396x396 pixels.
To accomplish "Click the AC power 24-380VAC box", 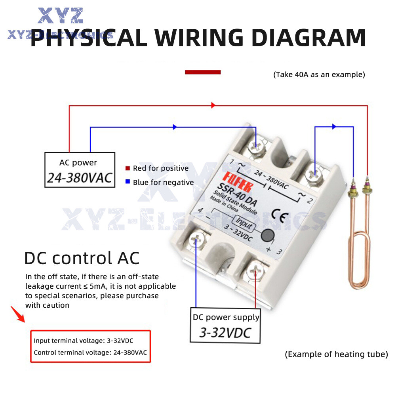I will pos(80,169).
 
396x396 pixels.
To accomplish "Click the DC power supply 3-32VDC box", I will pos(226,326).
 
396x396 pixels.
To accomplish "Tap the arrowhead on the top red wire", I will pos(213,105).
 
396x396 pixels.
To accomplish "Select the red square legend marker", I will pos(128,168).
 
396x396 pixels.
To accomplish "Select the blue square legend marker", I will pos(128,182).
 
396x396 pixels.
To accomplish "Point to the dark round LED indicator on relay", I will pos(268,236).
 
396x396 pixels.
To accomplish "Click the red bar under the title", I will pos(203,72).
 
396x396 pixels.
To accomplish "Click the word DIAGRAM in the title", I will pos(308,38).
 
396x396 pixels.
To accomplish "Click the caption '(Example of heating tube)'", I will pos(336,354).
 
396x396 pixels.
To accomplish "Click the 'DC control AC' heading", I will pos(82,258).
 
